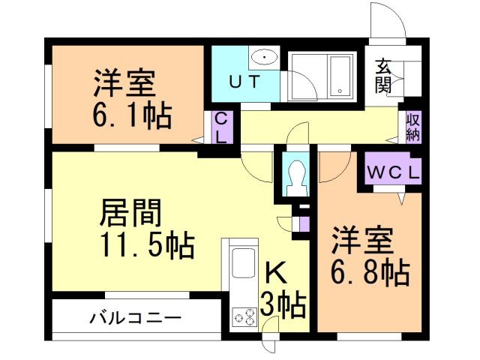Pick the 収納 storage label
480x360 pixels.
[x=412, y=127]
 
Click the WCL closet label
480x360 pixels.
[x=394, y=171]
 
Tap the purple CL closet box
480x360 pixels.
[x=222, y=128]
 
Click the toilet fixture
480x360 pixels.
[x=297, y=178]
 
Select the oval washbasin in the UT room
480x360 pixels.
[x=263, y=57]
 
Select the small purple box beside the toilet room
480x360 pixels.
[x=304, y=223]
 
